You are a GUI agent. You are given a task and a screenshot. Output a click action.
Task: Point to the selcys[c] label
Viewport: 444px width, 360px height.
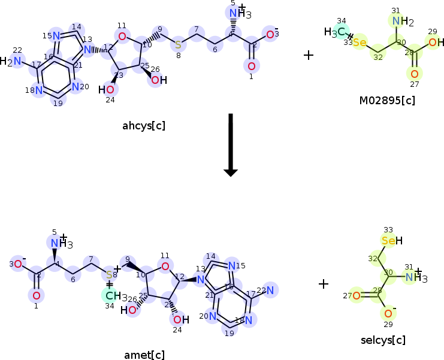pyautogui.click(x=383, y=340)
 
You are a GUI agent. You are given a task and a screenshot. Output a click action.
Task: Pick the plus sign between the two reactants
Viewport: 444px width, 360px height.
pyautogui.click(x=309, y=55)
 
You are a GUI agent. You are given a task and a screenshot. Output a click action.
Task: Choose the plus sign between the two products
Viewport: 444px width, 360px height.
pyautogui.click(x=324, y=283)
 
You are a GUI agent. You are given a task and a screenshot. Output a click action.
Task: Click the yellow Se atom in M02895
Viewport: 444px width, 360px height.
pyautogui.click(x=359, y=43)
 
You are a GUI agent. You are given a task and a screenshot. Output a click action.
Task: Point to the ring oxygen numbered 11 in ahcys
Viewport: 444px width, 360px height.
pyautogui.click(x=122, y=37)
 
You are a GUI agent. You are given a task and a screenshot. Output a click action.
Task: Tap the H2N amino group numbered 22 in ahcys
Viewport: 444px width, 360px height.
pyautogui.click(x=13, y=61)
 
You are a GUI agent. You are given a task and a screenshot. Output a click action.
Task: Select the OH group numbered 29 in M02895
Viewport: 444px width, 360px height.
pyautogui.click(x=436, y=43)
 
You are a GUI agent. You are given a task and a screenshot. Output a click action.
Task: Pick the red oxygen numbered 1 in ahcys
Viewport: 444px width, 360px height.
pyautogui.click(x=251, y=66)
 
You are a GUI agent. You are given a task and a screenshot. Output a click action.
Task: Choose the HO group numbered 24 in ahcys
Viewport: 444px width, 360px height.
pyautogui.click(x=107, y=90)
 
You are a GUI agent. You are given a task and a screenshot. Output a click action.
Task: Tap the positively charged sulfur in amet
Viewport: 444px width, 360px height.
pyautogui.click(x=109, y=274)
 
